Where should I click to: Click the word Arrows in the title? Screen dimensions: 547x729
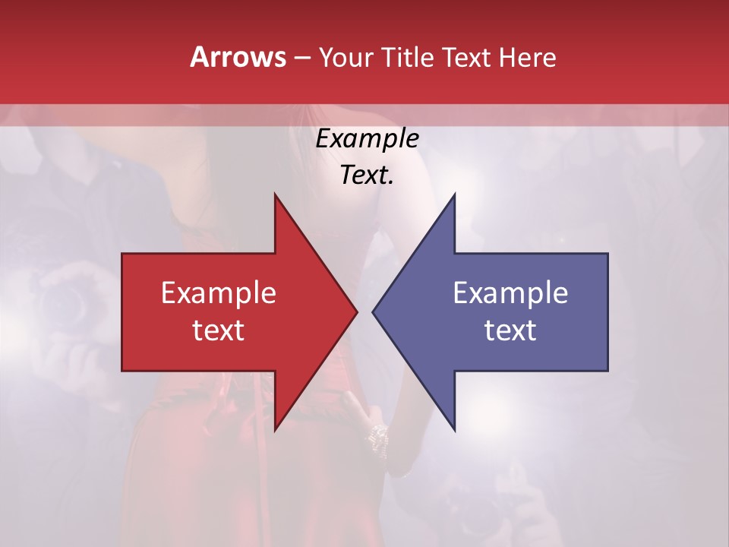(237, 57)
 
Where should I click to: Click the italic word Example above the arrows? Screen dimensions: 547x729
(367, 139)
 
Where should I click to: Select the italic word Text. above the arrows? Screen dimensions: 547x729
(367, 175)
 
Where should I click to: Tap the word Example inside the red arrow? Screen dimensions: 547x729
(219, 292)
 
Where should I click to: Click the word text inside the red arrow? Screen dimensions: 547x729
(219, 330)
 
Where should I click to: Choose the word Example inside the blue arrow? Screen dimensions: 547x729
(510, 292)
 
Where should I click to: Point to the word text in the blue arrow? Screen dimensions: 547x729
(510, 330)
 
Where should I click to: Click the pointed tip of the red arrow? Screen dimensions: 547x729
(356, 311)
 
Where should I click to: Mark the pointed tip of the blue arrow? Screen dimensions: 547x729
(373, 311)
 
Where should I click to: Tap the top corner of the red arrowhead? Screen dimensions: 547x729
(275, 194)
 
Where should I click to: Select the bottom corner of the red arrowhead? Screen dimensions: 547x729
(275, 430)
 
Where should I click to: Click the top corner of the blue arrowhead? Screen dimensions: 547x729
(454, 194)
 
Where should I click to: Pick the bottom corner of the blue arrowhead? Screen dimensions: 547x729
(454, 430)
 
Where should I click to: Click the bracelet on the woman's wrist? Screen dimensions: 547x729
(377, 435)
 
